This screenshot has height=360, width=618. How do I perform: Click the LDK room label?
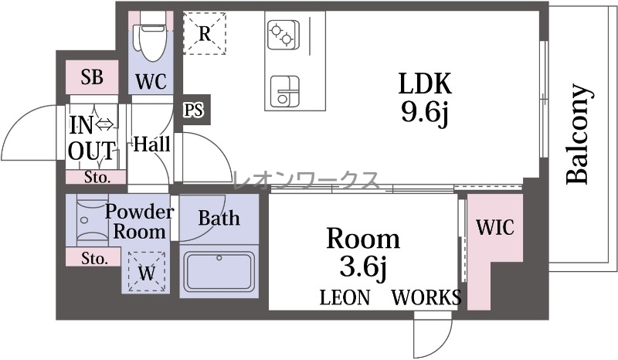pyautogui.click(x=425, y=83)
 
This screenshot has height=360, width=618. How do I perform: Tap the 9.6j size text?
pyautogui.click(x=425, y=113)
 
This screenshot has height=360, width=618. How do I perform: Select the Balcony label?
pyautogui.click(x=578, y=134)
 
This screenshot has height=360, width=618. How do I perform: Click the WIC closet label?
pyautogui.click(x=495, y=227)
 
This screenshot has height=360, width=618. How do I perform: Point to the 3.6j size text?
pyautogui.click(x=363, y=267)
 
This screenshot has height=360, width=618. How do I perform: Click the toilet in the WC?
pyautogui.click(x=151, y=36)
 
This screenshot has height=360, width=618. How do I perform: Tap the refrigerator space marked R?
pyautogui.click(x=205, y=33)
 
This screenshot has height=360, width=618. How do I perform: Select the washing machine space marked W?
pyautogui.click(x=147, y=272)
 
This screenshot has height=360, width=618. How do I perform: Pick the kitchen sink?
pyautogui.click(x=284, y=91)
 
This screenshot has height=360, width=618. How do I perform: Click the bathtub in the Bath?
pyautogui.click(x=219, y=272)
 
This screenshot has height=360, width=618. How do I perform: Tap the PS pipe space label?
pyautogui.click(x=194, y=110)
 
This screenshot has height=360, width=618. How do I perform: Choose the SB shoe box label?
pyautogui.click(x=92, y=77)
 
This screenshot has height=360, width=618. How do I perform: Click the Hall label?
pyautogui.click(x=151, y=144)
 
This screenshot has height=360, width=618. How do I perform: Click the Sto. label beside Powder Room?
pyautogui.click(x=94, y=258)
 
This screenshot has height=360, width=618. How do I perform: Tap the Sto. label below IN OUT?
pyautogui.click(x=97, y=178)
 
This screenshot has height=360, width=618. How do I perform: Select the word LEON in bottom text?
pyautogui.click(x=345, y=297)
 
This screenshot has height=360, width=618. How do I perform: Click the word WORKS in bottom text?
pyautogui.click(x=426, y=297)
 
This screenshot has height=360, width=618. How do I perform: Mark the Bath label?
pyautogui.click(x=219, y=218)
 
